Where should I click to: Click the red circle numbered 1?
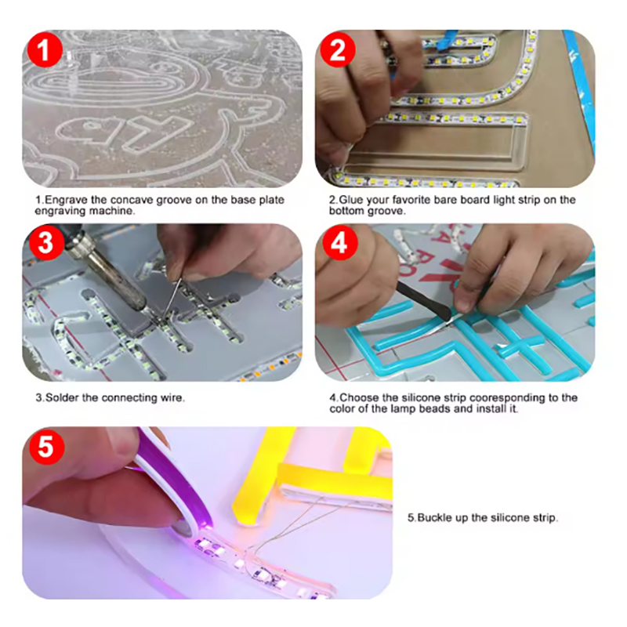[x=45, y=50]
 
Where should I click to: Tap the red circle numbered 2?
[x=338, y=50]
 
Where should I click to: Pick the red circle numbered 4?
[x=340, y=243]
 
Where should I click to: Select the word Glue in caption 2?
[x=350, y=200]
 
